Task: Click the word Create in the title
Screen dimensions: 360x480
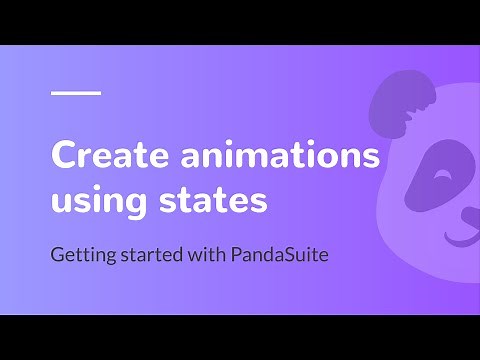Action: click(100, 157)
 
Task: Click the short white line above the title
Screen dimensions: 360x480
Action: click(76, 93)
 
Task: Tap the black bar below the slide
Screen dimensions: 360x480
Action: click(240, 337)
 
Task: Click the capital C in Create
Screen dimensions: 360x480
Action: click(65, 157)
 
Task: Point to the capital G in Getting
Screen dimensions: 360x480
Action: click(58, 254)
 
